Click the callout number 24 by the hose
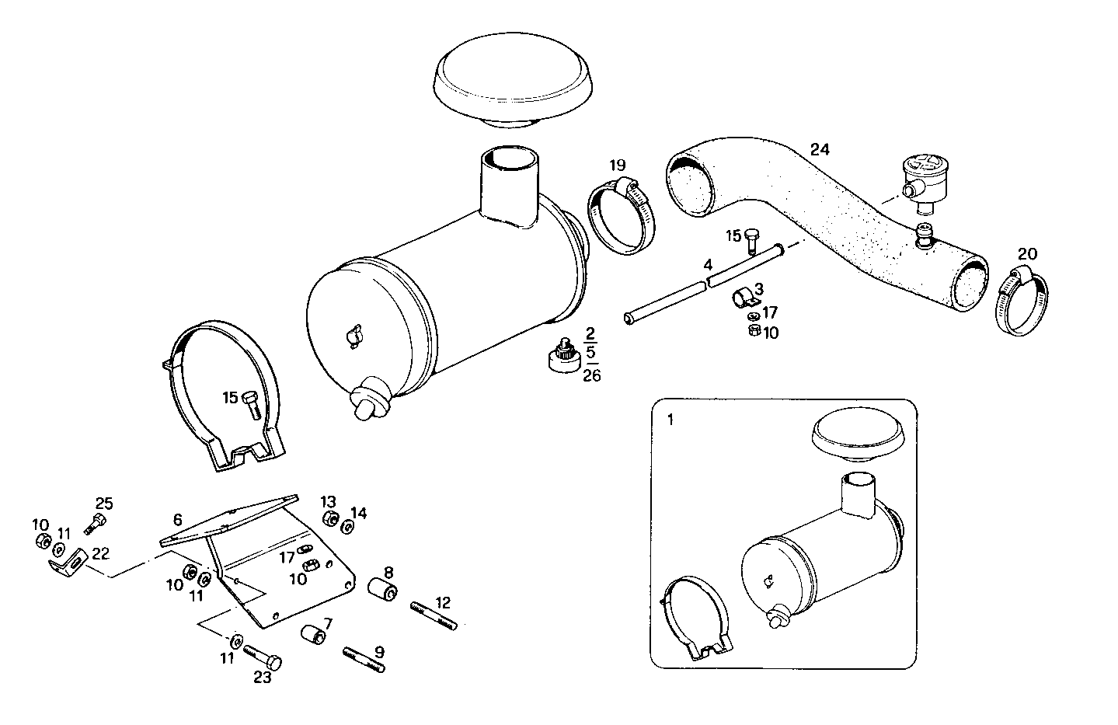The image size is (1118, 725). pyautogui.click(x=819, y=149)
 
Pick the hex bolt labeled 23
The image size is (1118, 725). pyautogui.click(x=262, y=657)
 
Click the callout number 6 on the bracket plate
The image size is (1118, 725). pyautogui.click(x=178, y=519)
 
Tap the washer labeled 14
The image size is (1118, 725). pyautogui.click(x=347, y=528)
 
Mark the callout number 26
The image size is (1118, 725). pyautogui.click(x=591, y=376)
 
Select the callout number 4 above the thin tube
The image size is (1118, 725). pyautogui.click(x=708, y=265)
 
